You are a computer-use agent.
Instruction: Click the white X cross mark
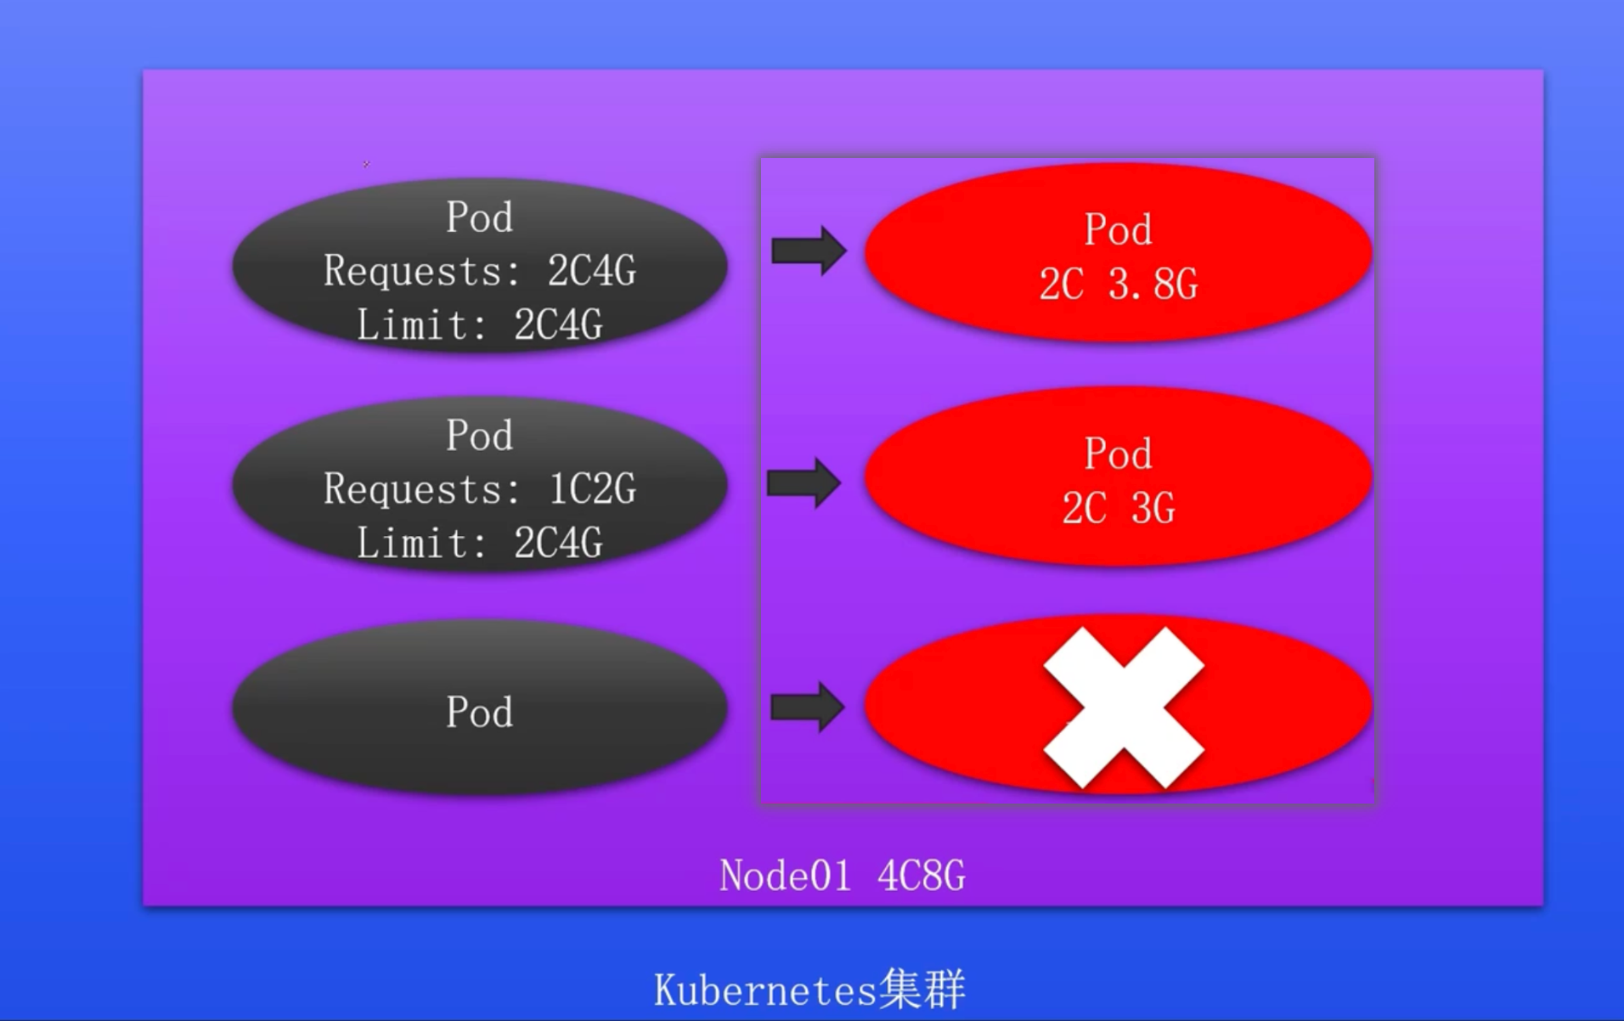coord(1123,708)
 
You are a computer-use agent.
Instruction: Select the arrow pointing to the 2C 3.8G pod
coord(808,251)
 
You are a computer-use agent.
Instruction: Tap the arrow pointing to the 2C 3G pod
coord(804,482)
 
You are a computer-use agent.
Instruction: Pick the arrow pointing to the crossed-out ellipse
coord(807,707)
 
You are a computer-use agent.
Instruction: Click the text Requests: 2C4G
coord(479,272)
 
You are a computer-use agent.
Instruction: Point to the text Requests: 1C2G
coord(479,490)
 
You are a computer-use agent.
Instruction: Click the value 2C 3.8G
coord(1118,285)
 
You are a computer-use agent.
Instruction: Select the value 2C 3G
coord(1118,509)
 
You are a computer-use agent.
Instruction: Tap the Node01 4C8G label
coord(842,876)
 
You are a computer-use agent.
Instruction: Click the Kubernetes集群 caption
coord(809,990)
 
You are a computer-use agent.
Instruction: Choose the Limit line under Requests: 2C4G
coord(479,325)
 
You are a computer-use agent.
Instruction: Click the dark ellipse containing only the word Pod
coord(479,708)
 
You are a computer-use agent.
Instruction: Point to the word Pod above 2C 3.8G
coord(1118,230)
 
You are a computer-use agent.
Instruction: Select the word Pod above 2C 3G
coord(1118,454)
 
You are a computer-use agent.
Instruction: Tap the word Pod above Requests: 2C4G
coord(479,217)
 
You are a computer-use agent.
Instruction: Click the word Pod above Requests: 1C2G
coord(479,436)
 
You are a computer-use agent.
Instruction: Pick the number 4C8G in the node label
coord(922,876)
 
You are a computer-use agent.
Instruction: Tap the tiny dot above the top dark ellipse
coord(366,164)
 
